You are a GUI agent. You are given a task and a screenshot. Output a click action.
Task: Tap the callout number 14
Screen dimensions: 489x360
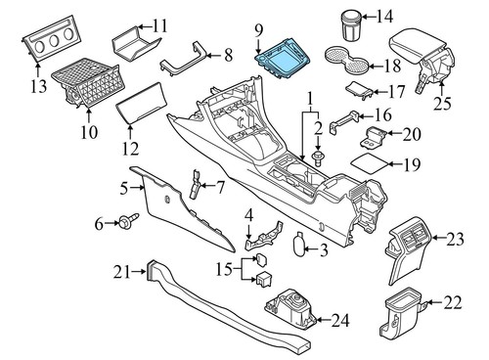[x=384, y=16]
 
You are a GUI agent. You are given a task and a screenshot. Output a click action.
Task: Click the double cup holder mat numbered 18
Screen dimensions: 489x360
[x=348, y=59]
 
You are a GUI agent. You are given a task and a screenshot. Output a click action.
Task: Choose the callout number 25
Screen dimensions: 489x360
[x=442, y=103]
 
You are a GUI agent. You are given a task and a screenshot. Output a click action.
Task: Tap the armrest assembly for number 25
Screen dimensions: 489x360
[x=422, y=57]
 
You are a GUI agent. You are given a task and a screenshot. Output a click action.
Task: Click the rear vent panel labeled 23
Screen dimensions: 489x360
[x=410, y=249]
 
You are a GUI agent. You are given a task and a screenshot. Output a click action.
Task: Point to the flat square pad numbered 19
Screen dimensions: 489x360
[x=371, y=163]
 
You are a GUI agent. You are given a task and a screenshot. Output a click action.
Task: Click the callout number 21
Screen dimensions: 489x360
[x=121, y=272]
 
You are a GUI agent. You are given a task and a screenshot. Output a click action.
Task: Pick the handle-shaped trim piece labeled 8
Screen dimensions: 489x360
[x=185, y=61]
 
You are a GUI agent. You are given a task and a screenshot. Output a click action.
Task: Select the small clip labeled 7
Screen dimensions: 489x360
[x=195, y=184]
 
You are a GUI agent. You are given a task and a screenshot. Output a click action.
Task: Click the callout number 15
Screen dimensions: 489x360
[x=224, y=270]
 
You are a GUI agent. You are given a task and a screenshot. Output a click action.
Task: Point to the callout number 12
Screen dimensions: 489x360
[x=130, y=149]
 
